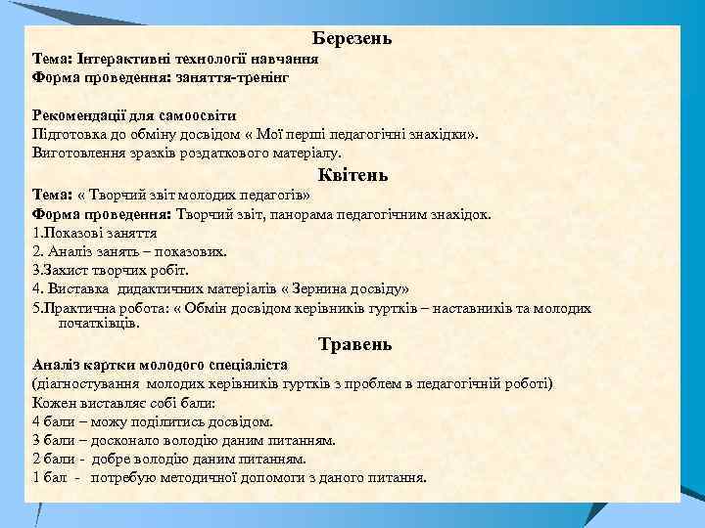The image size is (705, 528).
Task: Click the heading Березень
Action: [352, 39]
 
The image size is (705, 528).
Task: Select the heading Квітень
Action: [352, 176]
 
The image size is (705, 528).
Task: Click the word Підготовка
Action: [68, 134]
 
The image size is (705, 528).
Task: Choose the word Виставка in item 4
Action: [77, 288]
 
